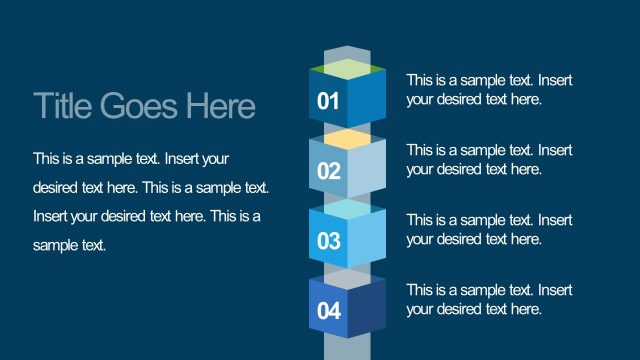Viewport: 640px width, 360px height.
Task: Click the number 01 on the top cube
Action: pos(328,101)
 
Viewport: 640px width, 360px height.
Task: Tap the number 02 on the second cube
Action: pos(328,171)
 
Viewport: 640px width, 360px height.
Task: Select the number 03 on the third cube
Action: pos(328,241)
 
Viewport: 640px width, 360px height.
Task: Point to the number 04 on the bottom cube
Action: pos(328,311)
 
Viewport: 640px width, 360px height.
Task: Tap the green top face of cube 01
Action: pos(347,69)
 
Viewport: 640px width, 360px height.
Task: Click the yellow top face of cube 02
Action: pos(347,139)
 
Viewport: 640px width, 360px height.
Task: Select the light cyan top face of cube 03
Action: pos(347,209)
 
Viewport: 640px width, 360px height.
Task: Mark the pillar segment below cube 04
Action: pos(347,347)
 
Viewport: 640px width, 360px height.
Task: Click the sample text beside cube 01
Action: pos(489,89)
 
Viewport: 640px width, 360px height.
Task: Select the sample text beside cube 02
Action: pos(489,159)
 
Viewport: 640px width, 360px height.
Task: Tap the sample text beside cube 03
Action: pos(489,229)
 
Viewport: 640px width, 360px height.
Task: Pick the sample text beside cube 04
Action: pos(489,299)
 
